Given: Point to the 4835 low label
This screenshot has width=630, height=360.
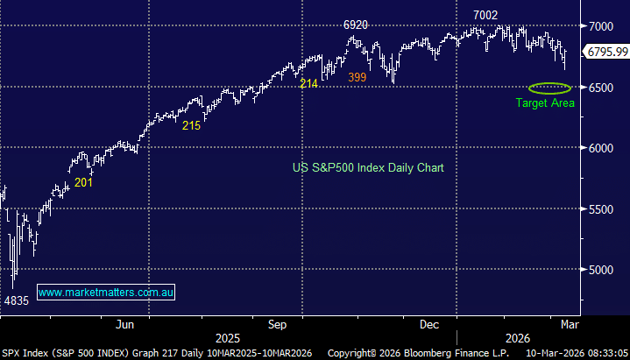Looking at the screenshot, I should [x=18, y=300].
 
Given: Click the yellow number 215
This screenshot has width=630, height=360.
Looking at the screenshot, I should [x=191, y=125].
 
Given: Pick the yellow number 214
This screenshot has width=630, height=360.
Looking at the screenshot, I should [x=308, y=83].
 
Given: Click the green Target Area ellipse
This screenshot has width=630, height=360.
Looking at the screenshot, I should [x=550, y=88].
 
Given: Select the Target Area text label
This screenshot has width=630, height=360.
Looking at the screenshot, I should [x=544, y=103].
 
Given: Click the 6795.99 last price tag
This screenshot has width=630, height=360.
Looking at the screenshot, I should [x=607, y=53].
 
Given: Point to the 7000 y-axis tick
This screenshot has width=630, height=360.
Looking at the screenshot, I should [x=600, y=26].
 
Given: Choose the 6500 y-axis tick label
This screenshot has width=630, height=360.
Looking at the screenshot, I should [x=600, y=88].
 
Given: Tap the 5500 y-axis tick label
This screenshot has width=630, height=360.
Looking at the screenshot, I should [x=600, y=209].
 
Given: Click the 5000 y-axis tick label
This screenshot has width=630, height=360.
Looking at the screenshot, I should [x=600, y=270].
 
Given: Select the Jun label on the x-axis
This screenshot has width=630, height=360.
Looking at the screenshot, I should [x=125, y=324].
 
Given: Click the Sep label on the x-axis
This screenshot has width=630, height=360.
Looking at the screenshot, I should [x=278, y=324].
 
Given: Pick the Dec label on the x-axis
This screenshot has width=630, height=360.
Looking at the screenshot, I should [x=429, y=324].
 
